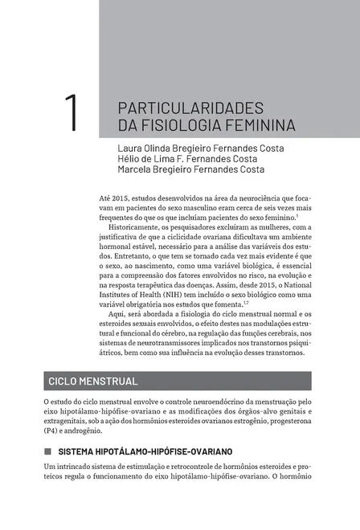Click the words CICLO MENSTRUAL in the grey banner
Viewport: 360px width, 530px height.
[x=92, y=381]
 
